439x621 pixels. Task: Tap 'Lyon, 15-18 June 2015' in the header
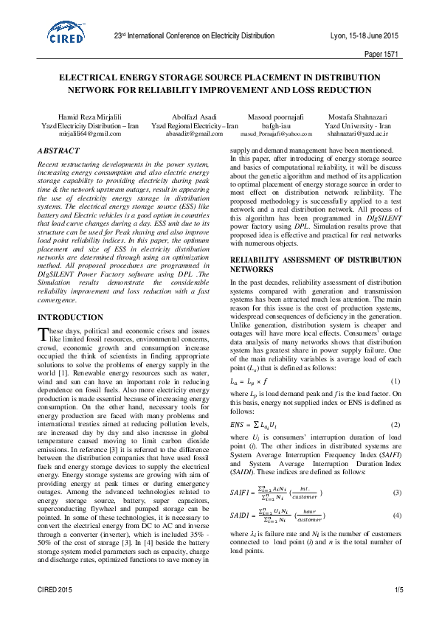[x=364, y=36]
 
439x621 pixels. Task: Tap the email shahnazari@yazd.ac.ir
[x=358, y=133]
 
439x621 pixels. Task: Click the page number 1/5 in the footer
[x=398, y=590]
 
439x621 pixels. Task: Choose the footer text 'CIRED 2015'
[x=55, y=590]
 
